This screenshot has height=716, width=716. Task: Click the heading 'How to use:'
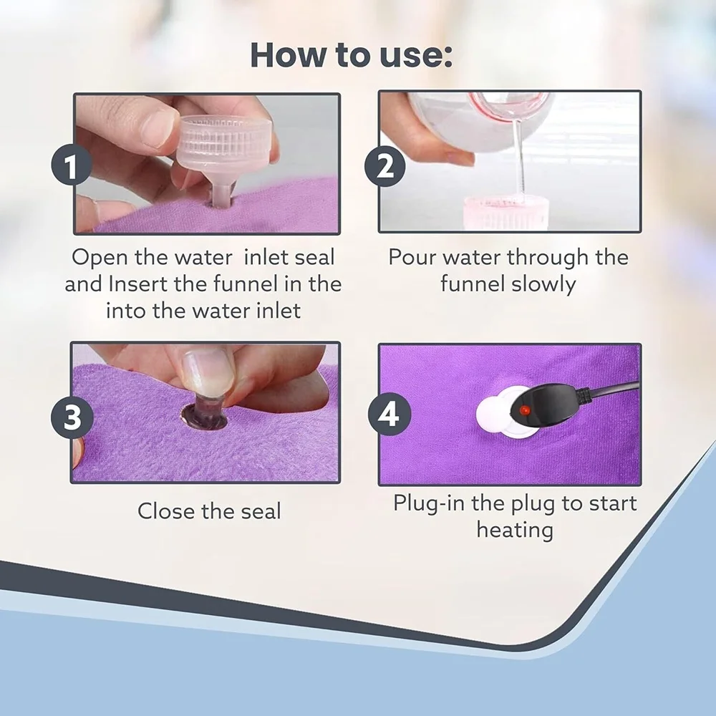coord(351,56)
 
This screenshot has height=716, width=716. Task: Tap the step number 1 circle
coord(69,168)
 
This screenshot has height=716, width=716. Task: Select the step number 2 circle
coord(385,168)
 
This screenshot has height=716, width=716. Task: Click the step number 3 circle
coord(72,417)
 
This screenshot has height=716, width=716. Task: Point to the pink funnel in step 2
coord(506,212)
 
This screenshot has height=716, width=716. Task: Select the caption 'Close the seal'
coord(209,511)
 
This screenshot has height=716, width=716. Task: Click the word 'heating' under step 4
coord(515,531)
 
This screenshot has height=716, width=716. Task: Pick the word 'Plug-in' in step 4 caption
coord(429,503)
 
